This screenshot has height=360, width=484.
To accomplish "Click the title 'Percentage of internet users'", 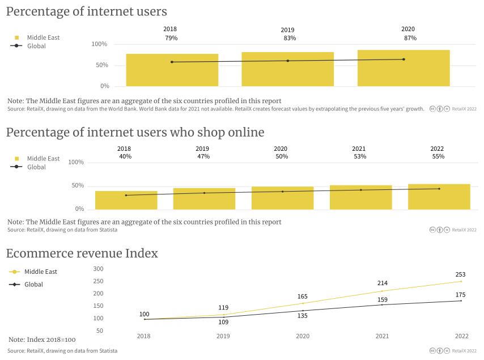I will tap(86, 11).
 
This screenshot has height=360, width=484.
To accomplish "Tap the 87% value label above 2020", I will tap(410, 38).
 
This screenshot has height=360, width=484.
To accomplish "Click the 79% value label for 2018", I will tap(171, 38).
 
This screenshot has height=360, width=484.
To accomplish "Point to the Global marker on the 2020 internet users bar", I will tap(404, 59).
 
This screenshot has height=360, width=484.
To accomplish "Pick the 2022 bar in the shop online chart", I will tap(439, 197).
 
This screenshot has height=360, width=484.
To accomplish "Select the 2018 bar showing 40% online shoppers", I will tap(126, 200).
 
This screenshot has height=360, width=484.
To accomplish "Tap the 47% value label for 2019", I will tap(203, 156).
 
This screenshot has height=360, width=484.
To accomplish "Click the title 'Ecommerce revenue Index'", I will tap(82, 253).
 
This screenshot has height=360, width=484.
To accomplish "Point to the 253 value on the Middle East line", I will tap(460, 274).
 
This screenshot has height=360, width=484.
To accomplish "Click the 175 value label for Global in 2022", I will tap(460, 294).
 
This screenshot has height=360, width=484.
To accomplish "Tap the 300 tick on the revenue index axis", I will tap(99, 269).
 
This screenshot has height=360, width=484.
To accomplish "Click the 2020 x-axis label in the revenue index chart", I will tap(303, 336).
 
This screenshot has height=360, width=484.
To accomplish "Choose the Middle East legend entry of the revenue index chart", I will tap(40, 272).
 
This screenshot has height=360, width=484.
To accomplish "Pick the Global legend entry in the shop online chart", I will tap(36, 167).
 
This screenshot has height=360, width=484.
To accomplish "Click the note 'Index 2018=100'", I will tap(42, 340).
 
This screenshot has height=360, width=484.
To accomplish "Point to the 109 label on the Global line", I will tap(223, 322).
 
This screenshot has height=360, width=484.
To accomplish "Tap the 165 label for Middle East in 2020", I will tap(303, 296).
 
